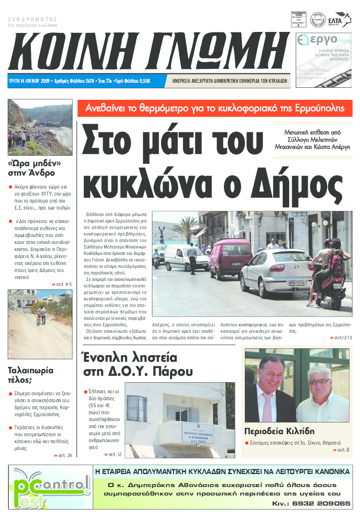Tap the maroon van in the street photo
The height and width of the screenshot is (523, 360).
230,259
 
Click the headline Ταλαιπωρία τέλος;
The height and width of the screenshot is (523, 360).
31,375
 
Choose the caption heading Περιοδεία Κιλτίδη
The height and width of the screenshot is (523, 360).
279,431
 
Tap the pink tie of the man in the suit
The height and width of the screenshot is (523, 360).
268,405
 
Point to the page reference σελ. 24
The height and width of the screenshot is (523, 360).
63,456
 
